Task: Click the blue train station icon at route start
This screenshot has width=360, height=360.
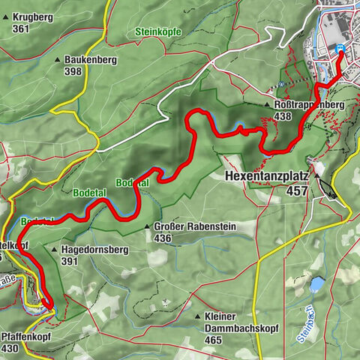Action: [x=341, y=49]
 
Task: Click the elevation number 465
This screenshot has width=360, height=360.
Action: [x=214, y=340]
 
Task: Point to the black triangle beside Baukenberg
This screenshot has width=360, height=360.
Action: [x=57, y=59]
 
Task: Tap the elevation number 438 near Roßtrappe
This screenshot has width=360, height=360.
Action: [x=283, y=117]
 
